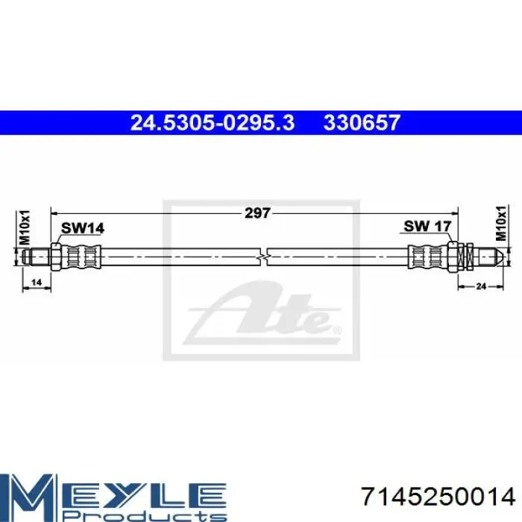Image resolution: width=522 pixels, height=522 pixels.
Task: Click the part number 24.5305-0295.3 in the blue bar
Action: point(213,123)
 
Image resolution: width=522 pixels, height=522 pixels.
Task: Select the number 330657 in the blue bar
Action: point(362,123)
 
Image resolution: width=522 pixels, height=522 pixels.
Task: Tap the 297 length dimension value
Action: point(257,213)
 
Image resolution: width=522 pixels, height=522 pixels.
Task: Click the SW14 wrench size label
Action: point(83,228)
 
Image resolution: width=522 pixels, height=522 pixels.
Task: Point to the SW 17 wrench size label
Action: point(427,227)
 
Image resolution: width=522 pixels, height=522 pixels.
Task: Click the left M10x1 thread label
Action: point(25,227)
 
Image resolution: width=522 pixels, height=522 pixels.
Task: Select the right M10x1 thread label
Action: point(500,223)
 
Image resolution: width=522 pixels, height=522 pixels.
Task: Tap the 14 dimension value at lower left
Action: point(36,283)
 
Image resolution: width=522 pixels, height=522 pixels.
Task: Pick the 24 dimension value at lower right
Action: point(481,286)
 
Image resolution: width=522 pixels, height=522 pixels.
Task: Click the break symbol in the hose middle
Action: point(263,257)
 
